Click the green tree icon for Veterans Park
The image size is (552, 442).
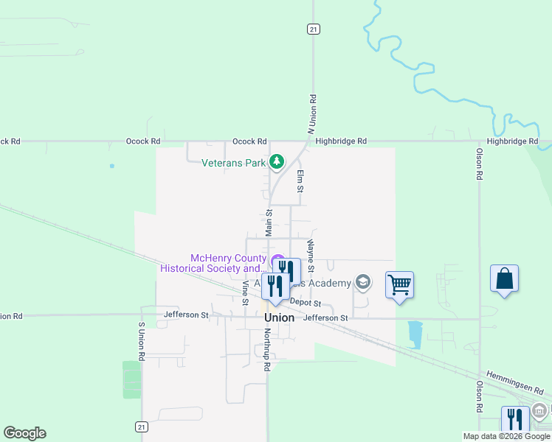tap(277, 161)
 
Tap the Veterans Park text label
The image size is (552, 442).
tap(233, 163)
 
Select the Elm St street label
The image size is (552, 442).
tap(300, 181)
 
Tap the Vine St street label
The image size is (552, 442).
tap(245, 292)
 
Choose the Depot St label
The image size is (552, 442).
tap(306, 303)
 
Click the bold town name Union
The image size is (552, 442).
tap(280, 318)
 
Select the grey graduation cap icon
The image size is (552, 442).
tap(362, 281)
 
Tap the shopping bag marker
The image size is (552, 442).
tap(504, 279)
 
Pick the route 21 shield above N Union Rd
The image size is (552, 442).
tap(313, 28)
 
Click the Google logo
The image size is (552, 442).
tap(24, 433)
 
